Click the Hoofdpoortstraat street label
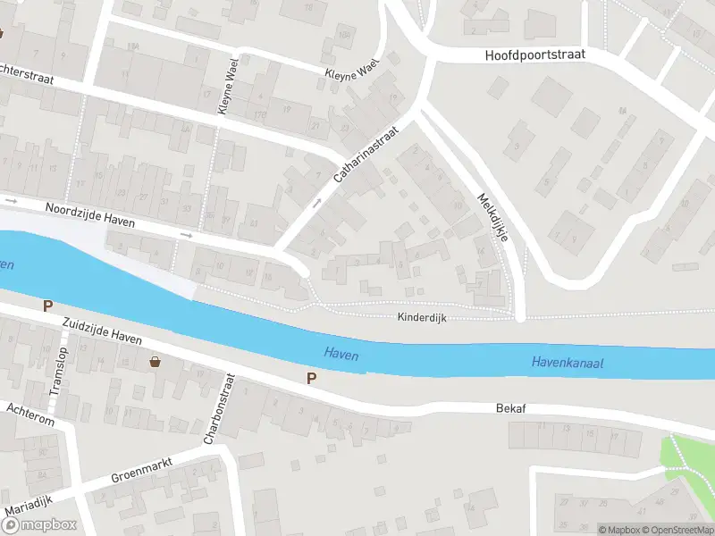534,55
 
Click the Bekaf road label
511,408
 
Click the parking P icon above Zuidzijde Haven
47,306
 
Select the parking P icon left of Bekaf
311,378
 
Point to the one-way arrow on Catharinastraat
315,204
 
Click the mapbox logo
39,525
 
